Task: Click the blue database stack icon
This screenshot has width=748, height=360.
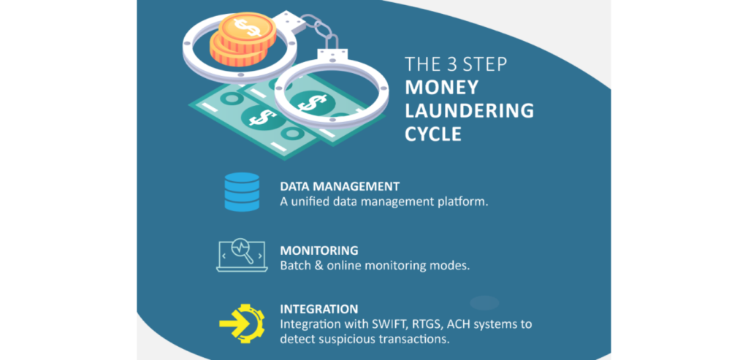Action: point(242,191)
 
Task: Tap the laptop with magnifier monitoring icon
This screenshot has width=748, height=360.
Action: point(241,256)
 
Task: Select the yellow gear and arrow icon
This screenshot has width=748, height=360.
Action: point(242,323)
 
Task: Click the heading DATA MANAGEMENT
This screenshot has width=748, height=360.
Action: point(340,186)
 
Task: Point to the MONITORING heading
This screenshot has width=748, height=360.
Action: point(319,250)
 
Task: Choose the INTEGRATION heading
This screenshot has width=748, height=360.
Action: point(319,308)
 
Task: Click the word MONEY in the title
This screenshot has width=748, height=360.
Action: point(441,88)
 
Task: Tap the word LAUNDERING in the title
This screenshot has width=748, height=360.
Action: point(470,110)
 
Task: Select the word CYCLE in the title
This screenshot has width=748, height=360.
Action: point(433,134)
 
